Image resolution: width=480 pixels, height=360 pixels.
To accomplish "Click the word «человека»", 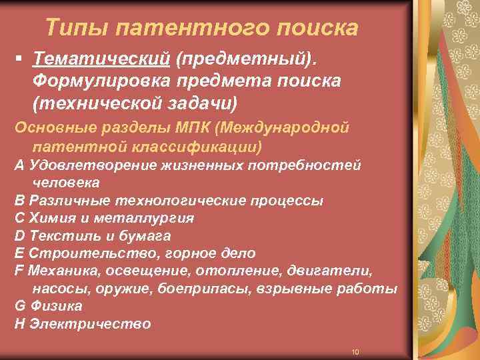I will pos(66,182).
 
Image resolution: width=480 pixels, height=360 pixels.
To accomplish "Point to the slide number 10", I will pos(355,351).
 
